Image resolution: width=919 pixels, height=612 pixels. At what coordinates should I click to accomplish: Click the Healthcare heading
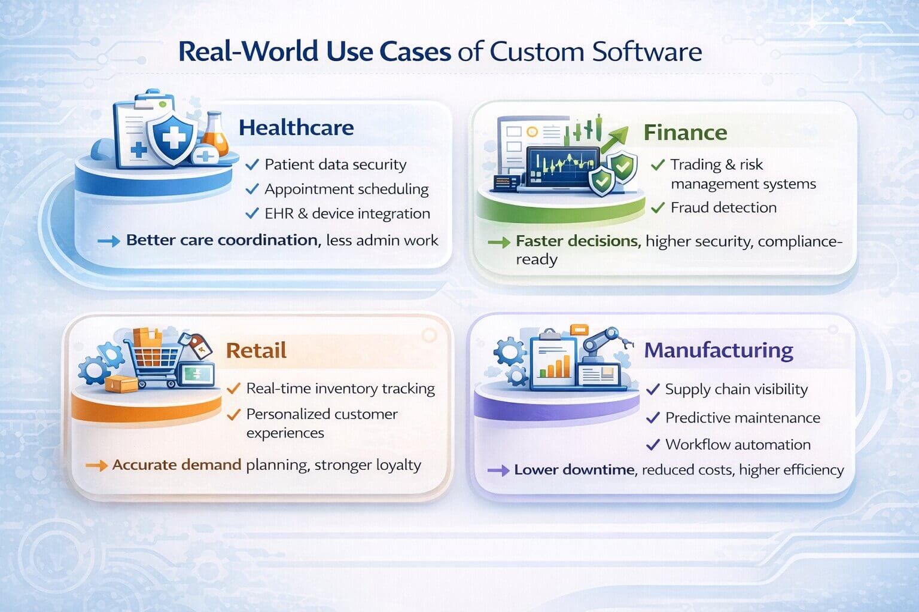click(296, 127)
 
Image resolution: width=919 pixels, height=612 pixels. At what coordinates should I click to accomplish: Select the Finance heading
click(685, 133)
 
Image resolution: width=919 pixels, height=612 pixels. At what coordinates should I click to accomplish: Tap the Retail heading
click(256, 350)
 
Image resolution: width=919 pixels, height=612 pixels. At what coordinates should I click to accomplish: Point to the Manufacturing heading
click(719, 351)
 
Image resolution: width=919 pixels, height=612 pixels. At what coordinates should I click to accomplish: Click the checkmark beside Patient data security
click(252, 165)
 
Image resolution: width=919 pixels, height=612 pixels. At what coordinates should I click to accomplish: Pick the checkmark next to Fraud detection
click(658, 208)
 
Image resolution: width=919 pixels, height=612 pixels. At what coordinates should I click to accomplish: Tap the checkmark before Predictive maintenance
click(653, 418)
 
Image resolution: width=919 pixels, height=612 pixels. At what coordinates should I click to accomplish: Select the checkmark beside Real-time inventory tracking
click(233, 388)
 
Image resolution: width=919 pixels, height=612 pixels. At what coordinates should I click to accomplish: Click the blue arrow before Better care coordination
click(109, 241)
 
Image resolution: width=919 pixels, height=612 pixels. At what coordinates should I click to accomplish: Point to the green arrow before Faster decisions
click(499, 242)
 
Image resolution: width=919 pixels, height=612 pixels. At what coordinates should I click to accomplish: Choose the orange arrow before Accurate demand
click(97, 466)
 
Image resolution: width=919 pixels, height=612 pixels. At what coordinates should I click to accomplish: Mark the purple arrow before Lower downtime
click(498, 470)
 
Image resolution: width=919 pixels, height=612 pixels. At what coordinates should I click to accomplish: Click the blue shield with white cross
click(173, 139)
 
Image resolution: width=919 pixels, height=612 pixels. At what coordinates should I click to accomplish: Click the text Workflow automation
click(738, 444)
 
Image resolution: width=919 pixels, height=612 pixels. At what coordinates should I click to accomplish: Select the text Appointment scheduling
click(346, 189)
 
